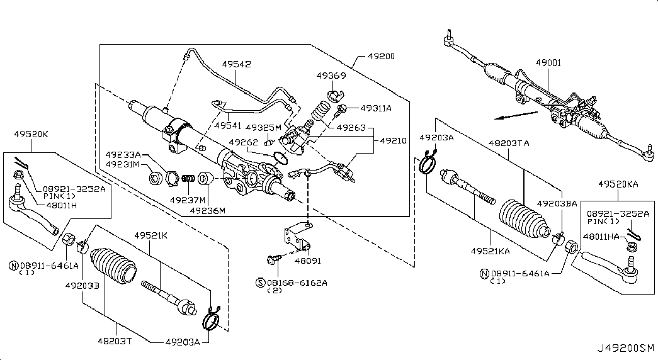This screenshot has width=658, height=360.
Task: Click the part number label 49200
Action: tap(381, 56)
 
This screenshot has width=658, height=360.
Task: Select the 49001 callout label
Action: tap(548, 63)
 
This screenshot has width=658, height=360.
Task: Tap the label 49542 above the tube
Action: tap(237, 64)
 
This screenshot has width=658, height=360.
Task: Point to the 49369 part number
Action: tap(331, 76)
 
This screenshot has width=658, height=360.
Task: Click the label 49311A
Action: tap(376, 108)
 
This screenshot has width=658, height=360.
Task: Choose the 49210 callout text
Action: tap(393, 140)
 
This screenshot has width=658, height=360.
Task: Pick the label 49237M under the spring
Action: tap(188, 200)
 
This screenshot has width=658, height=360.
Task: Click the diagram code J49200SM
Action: tap(626, 348)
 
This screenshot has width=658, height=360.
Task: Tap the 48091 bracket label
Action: tap(308, 261)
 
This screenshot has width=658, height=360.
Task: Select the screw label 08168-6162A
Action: tap(297, 283)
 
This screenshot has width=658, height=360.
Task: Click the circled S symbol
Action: tap(260, 283)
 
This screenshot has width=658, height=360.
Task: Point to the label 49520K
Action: tap(31, 134)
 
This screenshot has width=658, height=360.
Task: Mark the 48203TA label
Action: tap(509, 143)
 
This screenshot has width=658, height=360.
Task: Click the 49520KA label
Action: tap(618, 184)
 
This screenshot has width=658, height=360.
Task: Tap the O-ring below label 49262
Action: tap(280, 158)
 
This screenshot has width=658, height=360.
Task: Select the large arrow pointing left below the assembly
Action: tap(516, 115)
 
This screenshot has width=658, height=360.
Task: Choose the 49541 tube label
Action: tap(228, 125)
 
